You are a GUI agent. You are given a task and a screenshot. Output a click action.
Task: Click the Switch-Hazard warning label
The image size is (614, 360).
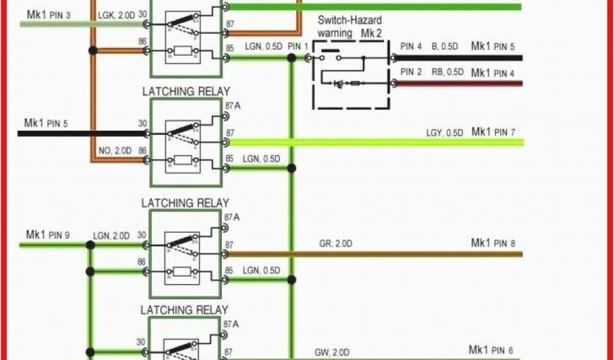[350, 26]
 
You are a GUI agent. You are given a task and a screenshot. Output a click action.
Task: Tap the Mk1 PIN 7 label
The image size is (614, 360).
[493, 132]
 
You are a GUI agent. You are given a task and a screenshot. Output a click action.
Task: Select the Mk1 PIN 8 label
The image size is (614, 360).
[493, 243]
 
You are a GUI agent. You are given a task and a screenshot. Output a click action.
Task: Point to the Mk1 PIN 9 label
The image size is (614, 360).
[48, 235]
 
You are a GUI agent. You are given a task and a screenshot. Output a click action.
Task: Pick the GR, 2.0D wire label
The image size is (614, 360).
[335, 244]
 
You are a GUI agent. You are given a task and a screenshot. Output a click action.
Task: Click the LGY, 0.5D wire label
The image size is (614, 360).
[444, 133]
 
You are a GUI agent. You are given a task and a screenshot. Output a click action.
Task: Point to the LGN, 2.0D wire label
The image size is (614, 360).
[111, 236]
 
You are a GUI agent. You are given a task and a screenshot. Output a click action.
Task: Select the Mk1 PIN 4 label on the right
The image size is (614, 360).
[493, 73]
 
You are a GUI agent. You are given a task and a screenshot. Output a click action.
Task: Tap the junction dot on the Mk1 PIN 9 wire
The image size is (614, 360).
[90, 245]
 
